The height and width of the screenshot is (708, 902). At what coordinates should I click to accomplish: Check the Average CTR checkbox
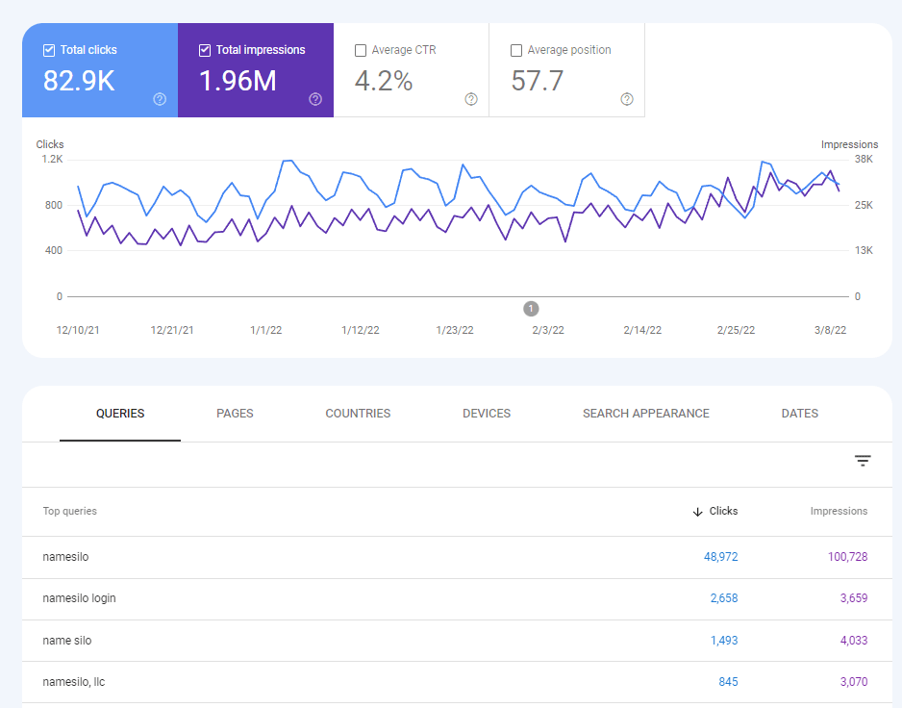coord(361,50)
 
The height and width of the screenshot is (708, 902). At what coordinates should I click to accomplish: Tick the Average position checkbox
coord(516,50)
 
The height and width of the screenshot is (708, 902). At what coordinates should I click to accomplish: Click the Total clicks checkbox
coord(49,50)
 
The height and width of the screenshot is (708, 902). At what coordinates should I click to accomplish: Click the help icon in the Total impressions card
coord(315,99)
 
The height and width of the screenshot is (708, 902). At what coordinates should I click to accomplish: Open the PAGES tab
coord(235,414)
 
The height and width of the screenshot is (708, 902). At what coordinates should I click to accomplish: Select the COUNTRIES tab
coord(358,414)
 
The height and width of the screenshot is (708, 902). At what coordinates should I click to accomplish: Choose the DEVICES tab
coord(487,414)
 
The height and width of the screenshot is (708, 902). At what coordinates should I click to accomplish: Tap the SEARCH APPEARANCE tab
coord(646,414)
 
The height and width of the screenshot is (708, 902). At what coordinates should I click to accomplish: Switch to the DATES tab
coord(800,414)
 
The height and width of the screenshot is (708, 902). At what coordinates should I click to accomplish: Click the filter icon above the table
coord(863,462)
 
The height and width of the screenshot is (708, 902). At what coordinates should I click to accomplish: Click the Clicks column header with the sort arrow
coord(715,512)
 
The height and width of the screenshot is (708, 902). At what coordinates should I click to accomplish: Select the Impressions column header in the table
coord(839,512)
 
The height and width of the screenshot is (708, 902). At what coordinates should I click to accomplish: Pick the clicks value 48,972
coord(714,557)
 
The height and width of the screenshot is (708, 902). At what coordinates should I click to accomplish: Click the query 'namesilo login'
coord(80,598)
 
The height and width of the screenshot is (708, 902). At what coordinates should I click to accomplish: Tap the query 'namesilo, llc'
coord(74,682)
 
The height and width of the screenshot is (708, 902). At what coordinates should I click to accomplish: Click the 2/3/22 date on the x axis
coord(548,330)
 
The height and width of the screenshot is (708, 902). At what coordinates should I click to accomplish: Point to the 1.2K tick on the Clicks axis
coord(50,159)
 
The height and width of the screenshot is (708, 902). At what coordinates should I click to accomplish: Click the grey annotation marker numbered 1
coord(532,309)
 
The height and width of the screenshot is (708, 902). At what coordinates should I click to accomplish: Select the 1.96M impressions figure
coord(238,82)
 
